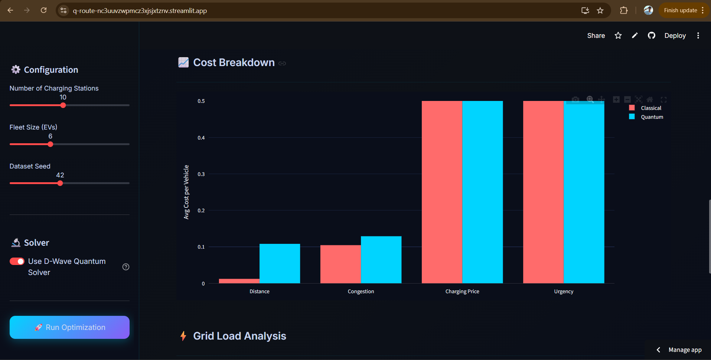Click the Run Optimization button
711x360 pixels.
[x=69, y=327]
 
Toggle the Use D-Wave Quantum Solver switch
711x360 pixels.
[x=17, y=262]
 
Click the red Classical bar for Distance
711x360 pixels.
[x=239, y=281]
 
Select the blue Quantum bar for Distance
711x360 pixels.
[x=280, y=264]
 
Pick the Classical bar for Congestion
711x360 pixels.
[x=340, y=264]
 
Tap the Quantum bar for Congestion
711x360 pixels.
[x=381, y=260]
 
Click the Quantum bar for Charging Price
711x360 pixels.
[x=482, y=192]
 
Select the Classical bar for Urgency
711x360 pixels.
[x=543, y=192]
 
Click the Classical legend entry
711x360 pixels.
[x=650, y=108]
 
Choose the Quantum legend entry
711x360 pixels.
[x=652, y=117]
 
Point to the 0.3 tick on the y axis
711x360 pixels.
[x=201, y=174]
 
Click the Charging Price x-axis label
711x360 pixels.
[x=462, y=291]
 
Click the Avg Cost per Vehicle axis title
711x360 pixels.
[x=186, y=192]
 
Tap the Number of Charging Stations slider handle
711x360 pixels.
[x=63, y=105]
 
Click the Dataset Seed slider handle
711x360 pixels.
[x=60, y=183]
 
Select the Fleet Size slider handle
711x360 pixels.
[x=50, y=144]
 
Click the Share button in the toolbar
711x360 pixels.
[x=596, y=36]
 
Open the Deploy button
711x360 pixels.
[x=675, y=36]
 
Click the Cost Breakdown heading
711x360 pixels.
[x=234, y=62]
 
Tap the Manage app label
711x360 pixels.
[x=685, y=350]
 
